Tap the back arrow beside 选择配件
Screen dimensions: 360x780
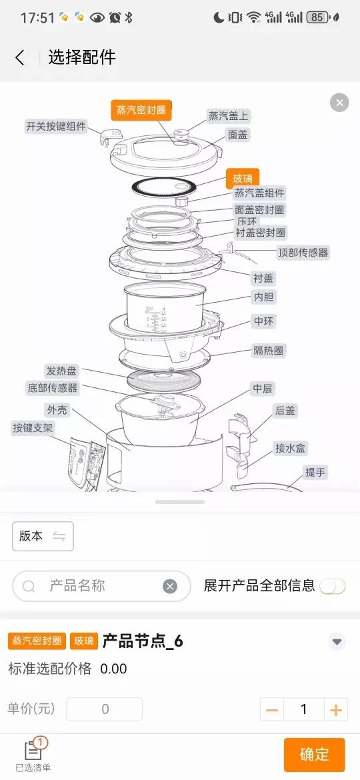pos(19,58)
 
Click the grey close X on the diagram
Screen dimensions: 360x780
pos(339,103)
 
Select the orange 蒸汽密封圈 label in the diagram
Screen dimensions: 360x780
pos(141,110)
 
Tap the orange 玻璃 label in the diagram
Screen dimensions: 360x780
pos(243,179)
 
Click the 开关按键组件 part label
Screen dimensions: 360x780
pos(56,127)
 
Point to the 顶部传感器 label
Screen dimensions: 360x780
pos(303,253)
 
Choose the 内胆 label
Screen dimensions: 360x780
pos(264,297)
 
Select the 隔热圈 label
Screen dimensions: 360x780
pos(269,351)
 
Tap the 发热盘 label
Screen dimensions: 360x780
pos(61,371)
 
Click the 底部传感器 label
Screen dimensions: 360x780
pos(52,388)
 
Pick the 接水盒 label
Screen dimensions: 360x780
pos(291,448)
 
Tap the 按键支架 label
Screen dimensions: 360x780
pos(33,428)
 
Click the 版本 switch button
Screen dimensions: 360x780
pos(43,536)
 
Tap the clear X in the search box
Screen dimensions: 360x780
pos(170,587)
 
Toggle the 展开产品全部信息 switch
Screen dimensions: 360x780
pos(333,587)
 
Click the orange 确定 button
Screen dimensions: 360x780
pos(314,755)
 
